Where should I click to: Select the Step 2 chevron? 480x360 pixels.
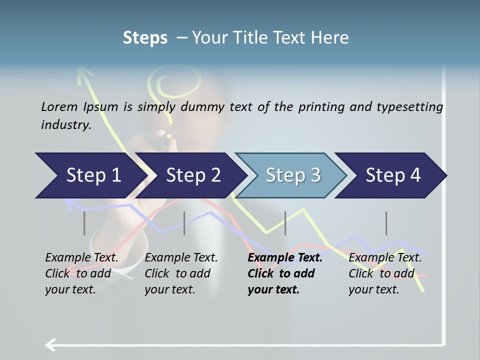pyautogui.click(x=192, y=175)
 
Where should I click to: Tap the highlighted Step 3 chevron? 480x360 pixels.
pyautogui.click(x=292, y=175)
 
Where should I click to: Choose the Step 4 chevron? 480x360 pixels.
pyautogui.click(x=392, y=175)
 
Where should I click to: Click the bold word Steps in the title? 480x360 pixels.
pyautogui.click(x=145, y=38)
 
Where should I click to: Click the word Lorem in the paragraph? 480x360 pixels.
pyautogui.click(x=59, y=106)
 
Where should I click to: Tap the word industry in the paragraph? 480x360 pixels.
pyautogui.click(x=65, y=125)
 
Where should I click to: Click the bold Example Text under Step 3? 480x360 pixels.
pyautogui.click(x=285, y=258)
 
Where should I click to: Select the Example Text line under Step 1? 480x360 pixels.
pyautogui.click(x=81, y=258)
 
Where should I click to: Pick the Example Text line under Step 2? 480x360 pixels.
pyautogui.click(x=181, y=258)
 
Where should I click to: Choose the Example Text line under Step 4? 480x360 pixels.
pyautogui.click(x=385, y=258)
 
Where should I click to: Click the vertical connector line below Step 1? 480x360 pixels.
pyautogui.click(x=84, y=223)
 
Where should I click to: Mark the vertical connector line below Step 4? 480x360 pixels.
pyautogui.click(x=386, y=223)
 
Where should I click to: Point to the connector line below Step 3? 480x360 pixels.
pyautogui.click(x=285, y=223)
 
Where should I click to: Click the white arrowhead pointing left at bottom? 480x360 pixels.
pyautogui.click(x=50, y=344)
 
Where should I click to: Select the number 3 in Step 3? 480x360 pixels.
pyautogui.click(x=315, y=175)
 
